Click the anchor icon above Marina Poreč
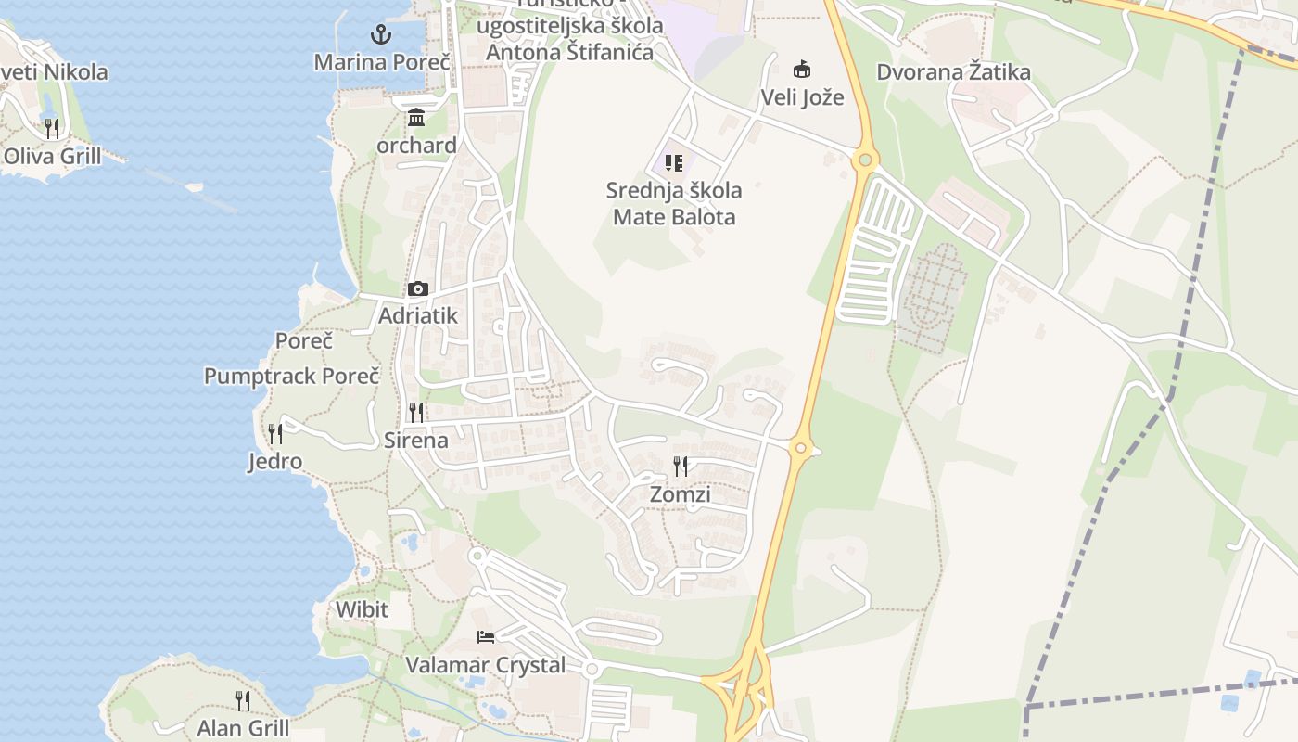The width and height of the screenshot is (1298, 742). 380,35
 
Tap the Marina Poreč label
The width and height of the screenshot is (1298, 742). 382,62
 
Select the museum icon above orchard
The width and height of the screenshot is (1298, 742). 416,118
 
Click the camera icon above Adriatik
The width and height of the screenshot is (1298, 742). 418,288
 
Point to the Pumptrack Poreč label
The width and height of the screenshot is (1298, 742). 292,377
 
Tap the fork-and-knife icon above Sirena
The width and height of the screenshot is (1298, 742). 416,412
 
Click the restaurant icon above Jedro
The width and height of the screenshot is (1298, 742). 275,433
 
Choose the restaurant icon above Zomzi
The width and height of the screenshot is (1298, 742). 681,466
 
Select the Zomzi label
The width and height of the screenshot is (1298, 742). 681,494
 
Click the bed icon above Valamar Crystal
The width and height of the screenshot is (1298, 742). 486,636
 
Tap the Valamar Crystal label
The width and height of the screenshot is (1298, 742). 486,665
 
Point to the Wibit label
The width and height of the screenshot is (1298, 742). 363,610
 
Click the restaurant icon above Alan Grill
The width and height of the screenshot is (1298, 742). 243,699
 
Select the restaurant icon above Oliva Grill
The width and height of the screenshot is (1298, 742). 52,128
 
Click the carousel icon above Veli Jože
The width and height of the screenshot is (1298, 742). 802,69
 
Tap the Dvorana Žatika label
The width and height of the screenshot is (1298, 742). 954,71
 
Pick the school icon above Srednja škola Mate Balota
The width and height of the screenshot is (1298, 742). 674,163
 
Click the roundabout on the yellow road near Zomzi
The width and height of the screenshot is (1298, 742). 801,449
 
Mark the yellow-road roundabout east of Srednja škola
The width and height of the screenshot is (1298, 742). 864,160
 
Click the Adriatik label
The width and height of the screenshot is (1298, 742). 418,316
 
